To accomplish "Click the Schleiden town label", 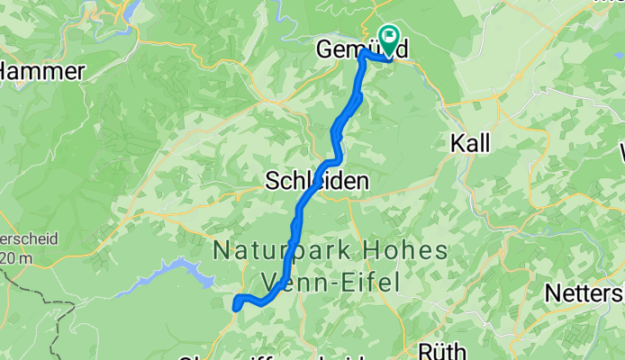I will (x=317, y=181).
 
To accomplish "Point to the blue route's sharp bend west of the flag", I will (x=364, y=53).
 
